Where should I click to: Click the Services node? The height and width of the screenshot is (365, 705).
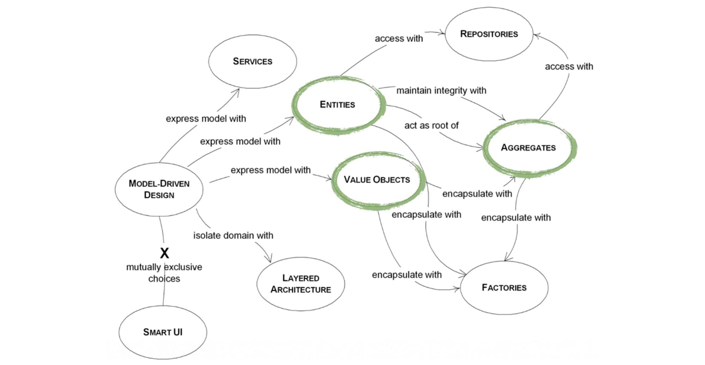pyautogui.click(x=253, y=61)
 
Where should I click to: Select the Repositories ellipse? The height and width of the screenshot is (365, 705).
pyautogui.click(x=489, y=34)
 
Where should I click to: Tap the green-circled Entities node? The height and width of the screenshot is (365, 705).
pyautogui.click(x=338, y=104)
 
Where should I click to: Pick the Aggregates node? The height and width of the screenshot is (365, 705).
pyautogui.click(x=528, y=148)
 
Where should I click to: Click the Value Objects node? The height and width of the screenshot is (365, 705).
pyautogui.click(x=377, y=180)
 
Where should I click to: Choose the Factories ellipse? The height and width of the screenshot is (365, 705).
pyautogui.click(x=504, y=287)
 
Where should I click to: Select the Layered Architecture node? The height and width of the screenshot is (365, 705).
pyautogui.click(x=300, y=284)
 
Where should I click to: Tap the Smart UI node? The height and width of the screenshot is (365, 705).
pyautogui.click(x=163, y=332)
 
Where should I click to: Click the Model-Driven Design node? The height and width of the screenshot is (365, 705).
pyautogui.click(x=159, y=189)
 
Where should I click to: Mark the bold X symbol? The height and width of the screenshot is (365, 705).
pyautogui.click(x=164, y=253)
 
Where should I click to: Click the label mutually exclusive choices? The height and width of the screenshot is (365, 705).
pyautogui.click(x=164, y=273)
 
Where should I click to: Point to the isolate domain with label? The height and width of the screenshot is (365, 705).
pyautogui.click(x=233, y=235)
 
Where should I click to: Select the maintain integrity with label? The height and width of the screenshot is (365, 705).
pyautogui.click(x=441, y=91)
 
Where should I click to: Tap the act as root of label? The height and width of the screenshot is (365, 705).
pyautogui.click(x=431, y=126)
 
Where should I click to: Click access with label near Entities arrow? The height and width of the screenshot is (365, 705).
pyautogui.click(x=399, y=38)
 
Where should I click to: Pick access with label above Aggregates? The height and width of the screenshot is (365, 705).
pyautogui.click(x=569, y=66)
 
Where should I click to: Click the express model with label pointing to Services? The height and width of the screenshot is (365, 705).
pyautogui.click(x=206, y=119)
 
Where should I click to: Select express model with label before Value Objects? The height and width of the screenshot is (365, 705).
pyautogui.click(x=271, y=170)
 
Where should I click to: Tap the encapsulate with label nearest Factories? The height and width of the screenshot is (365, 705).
pyautogui.click(x=407, y=275)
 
